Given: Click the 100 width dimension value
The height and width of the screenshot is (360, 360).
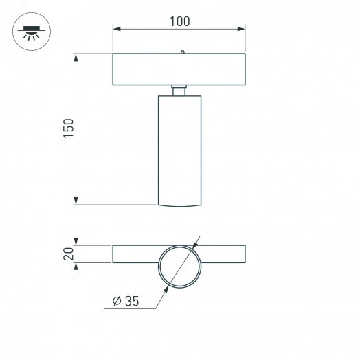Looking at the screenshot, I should tap(179, 21).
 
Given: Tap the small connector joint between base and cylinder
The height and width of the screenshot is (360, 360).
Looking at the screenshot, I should tap(179, 91).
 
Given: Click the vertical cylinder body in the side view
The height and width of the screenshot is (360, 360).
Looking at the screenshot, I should tap(179, 148).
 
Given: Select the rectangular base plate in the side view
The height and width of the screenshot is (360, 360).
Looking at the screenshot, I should tap(179, 69).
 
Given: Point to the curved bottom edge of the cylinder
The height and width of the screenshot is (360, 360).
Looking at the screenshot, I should tap(179, 205).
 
